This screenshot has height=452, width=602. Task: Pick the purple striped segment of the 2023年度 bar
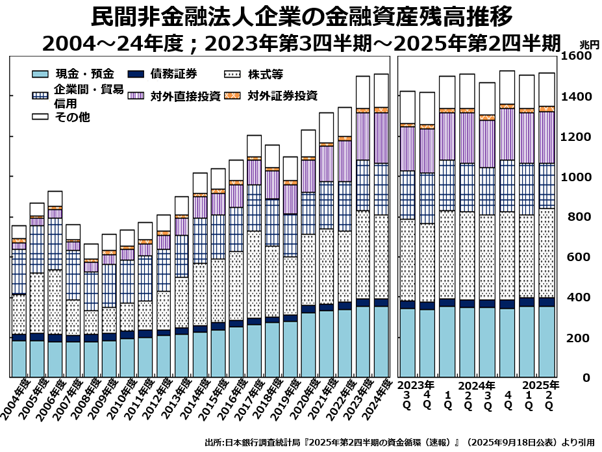363,136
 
